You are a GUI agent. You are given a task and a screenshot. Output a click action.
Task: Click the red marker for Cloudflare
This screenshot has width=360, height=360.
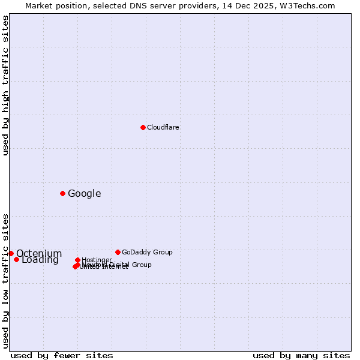[x=143, y=127]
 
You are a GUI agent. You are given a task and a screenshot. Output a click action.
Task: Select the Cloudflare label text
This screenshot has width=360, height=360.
[x=163, y=127]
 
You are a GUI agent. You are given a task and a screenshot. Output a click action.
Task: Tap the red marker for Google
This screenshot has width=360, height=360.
[x=62, y=193]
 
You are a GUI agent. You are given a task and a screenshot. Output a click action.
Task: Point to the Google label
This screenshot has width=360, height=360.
[x=85, y=193]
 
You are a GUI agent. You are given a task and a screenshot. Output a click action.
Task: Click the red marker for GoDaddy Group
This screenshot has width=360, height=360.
[x=118, y=252]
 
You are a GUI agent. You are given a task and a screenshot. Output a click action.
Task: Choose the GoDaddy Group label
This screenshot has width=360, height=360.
[x=147, y=252]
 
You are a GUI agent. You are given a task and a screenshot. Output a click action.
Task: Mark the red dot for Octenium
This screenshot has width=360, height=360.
[x=11, y=253]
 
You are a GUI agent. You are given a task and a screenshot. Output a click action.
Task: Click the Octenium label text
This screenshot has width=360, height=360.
[x=39, y=254]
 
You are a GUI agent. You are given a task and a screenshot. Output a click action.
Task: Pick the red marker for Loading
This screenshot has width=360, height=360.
[x=16, y=259]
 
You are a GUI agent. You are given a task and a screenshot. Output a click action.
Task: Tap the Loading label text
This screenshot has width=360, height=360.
[x=40, y=260]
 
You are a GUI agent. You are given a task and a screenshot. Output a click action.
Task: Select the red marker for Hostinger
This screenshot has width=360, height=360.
[x=77, y=260]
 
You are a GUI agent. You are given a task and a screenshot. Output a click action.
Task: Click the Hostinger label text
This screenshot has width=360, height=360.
[x=97, y=260]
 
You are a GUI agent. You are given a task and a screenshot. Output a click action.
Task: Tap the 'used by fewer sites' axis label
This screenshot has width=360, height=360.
[x=62, y=355]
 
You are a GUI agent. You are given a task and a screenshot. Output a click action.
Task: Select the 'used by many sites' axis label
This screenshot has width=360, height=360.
[x=301, y=355]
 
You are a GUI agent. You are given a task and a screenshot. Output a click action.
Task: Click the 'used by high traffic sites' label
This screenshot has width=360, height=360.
[x=5, y=85]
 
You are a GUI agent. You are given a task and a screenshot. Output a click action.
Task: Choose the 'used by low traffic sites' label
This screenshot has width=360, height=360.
[x=5, y=281]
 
